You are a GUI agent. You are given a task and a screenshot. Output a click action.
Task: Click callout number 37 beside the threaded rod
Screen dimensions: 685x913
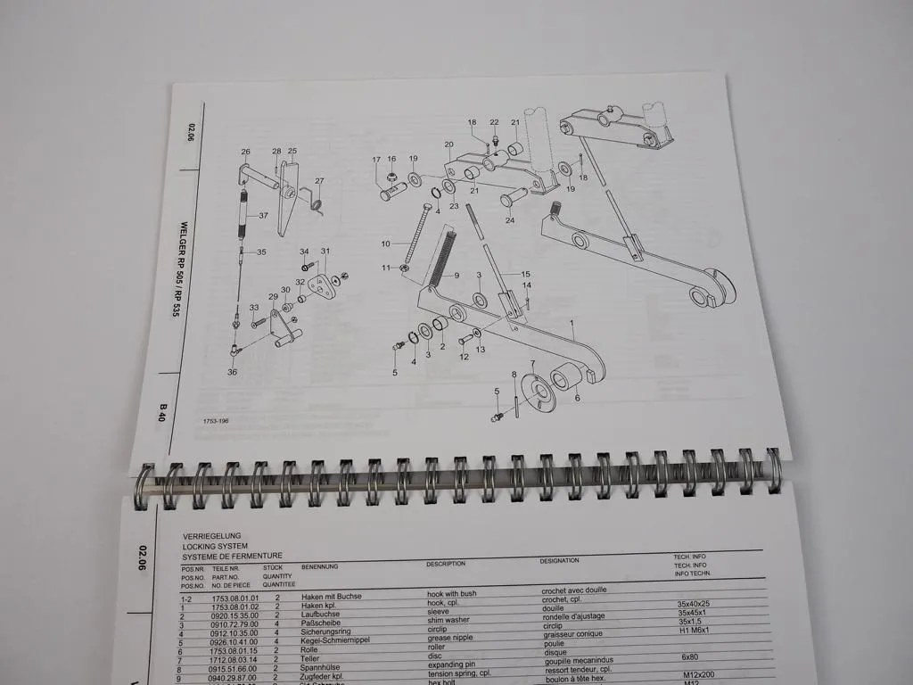pos(263,216)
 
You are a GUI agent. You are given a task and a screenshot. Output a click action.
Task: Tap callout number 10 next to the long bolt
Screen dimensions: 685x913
pos(386,243)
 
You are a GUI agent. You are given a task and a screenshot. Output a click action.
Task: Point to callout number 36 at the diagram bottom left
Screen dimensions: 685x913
pos(232,372)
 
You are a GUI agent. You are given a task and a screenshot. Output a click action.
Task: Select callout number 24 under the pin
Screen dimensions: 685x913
pos(510,219)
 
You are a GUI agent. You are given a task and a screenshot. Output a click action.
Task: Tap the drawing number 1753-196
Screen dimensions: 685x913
pos(216,419)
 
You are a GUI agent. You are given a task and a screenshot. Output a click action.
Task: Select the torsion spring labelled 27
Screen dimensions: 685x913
pos(315,202)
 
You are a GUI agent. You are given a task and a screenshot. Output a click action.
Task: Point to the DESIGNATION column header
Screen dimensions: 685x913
pos(559,561)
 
